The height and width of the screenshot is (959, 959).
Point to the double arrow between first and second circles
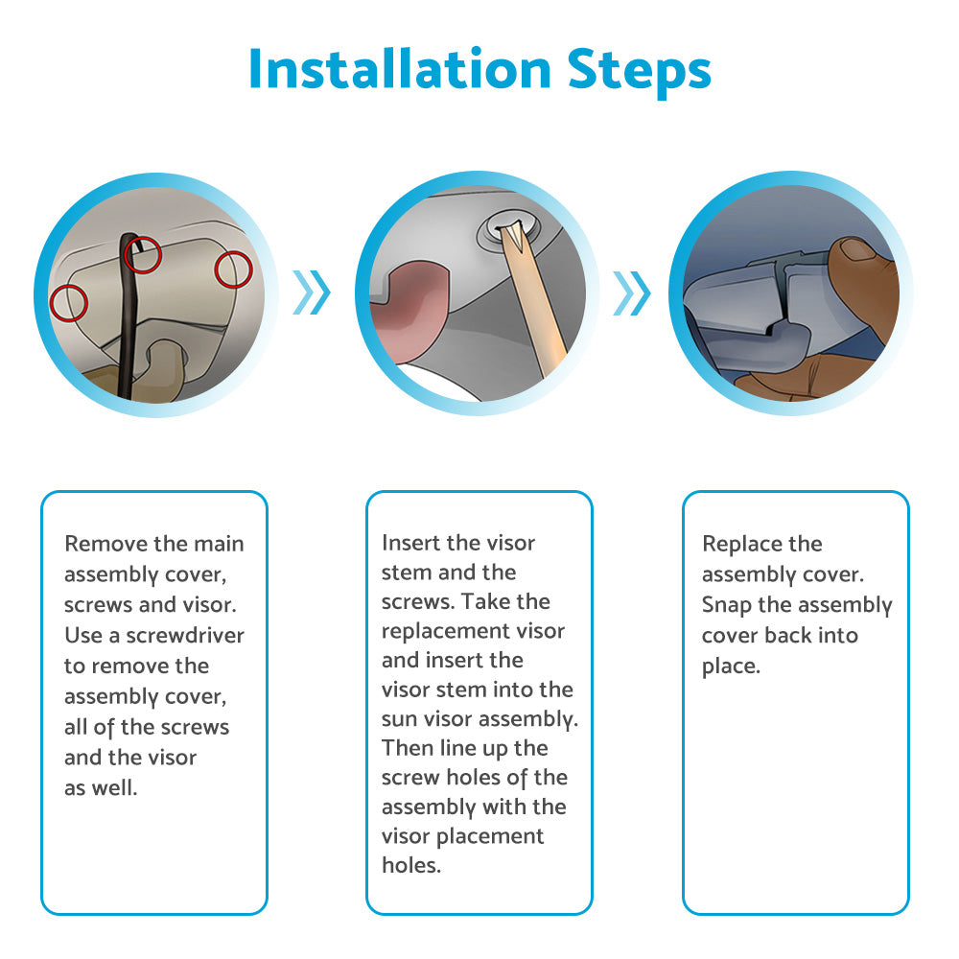click(312, 292)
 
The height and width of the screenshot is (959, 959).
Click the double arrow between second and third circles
click(632, 292)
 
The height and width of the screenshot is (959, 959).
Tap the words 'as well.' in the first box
click(101, 787)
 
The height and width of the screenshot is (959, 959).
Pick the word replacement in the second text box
click(446, 631)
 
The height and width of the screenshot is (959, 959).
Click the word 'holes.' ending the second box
click(411, 865)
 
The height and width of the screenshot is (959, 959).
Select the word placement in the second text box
click(490, 836)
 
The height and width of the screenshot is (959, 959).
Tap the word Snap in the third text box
click(727, 605)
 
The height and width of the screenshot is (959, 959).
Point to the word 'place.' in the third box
click(731, 667)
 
